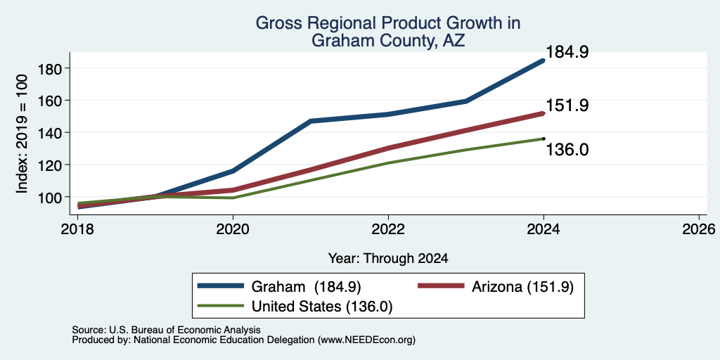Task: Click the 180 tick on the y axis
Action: (x=49, y=68)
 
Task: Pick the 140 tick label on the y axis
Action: (x=49, y=132)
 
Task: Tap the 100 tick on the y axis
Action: (x=49, y=197)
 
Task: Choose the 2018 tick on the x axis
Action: (x=77, y=229)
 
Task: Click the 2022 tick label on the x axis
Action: (x=388, y=229)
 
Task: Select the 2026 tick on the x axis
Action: (x=699, y=229)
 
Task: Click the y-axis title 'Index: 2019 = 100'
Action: (x=22, y=134)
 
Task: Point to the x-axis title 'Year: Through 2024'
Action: (x=388, y=259)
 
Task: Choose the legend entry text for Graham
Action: (x=307, y=287)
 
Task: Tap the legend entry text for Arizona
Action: (x=522, y=287)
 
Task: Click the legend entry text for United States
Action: (x=322, y=306)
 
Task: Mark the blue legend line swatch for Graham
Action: (x=220, y=285)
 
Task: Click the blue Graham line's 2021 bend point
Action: (x=311, y=121)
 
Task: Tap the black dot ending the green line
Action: (x=544, y=139)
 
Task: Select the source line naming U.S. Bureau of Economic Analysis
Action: (x=166, y=330)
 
